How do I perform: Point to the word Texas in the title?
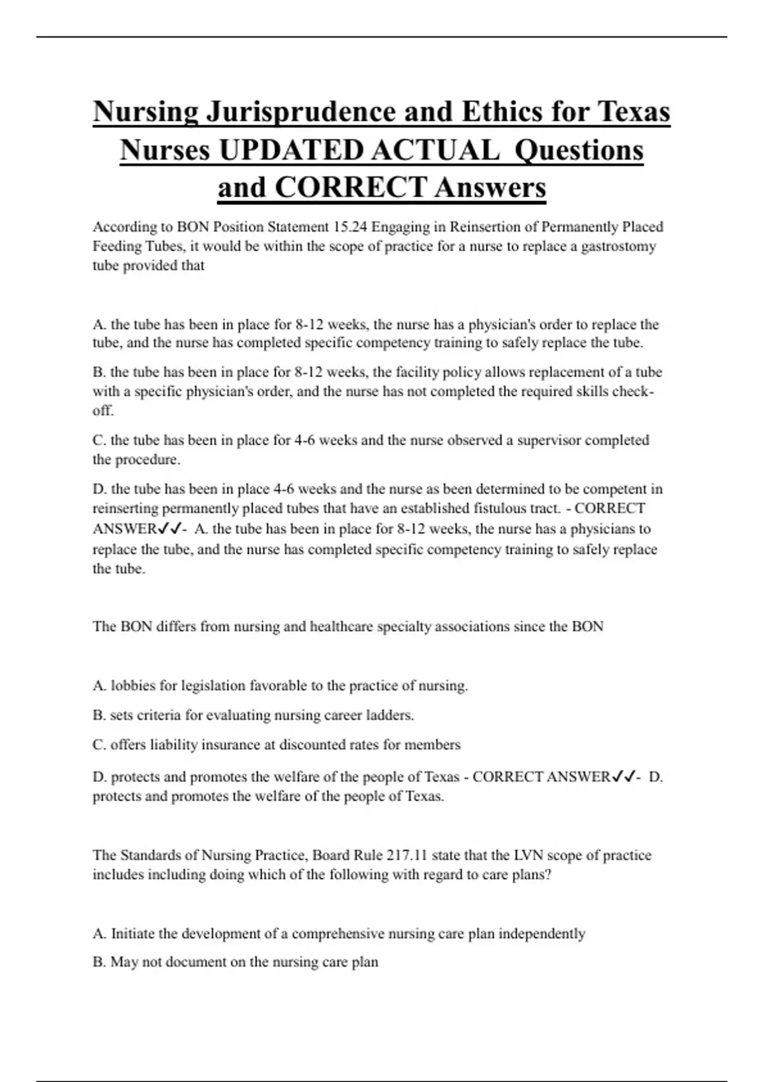tap(633, 112)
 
